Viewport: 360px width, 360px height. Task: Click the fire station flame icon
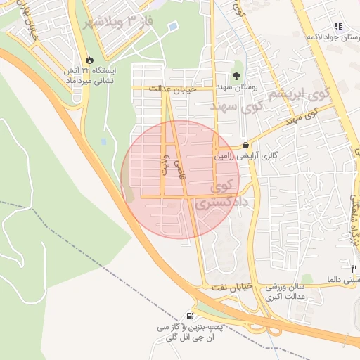point(89,60)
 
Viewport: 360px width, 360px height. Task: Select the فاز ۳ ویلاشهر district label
point(118,20)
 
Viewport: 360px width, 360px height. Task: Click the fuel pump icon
point(191,316)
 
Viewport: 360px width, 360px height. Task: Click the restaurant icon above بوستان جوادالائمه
point(338,25)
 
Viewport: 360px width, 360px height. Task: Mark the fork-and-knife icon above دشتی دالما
point(353,268)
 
